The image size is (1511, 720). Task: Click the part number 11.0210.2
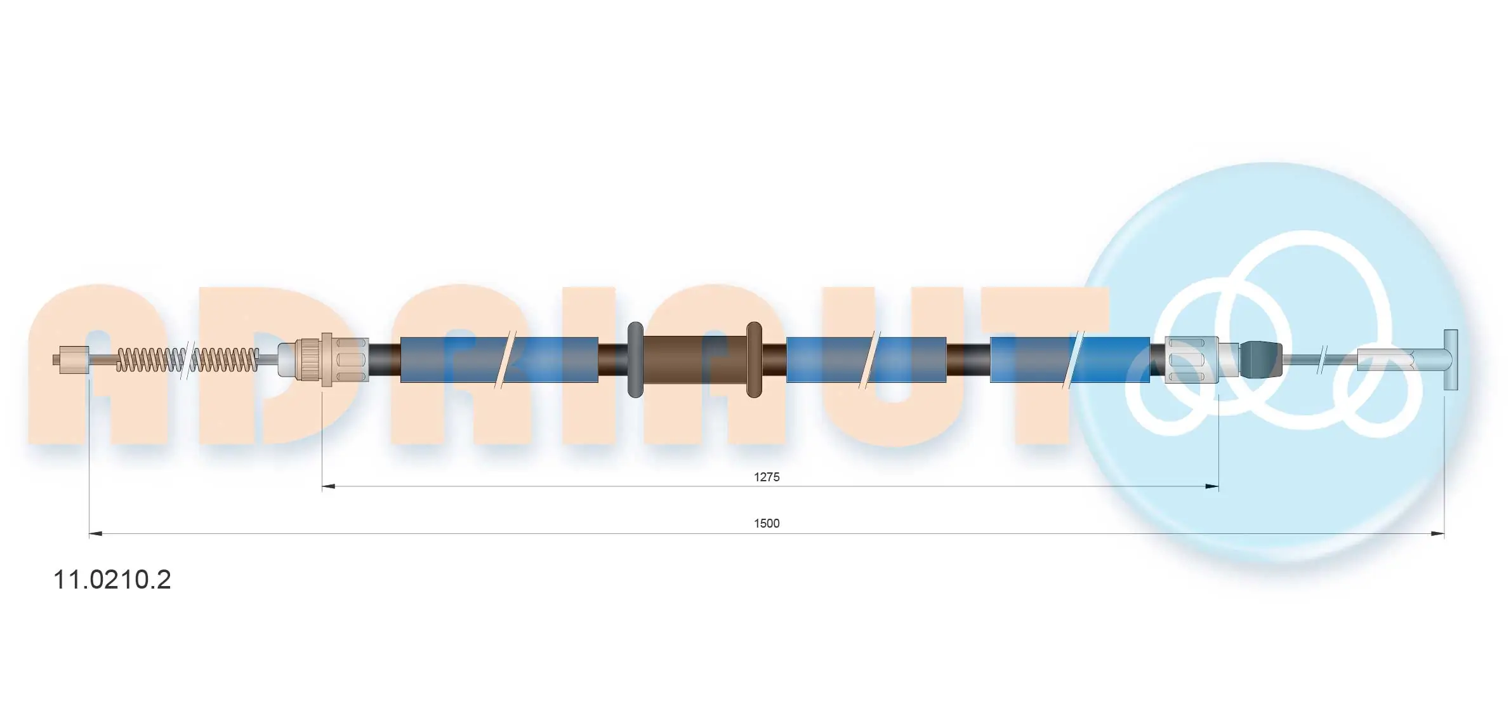click(112, 580)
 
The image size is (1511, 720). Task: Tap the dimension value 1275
click(767, 477)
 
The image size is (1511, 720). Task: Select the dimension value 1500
click(767, 523)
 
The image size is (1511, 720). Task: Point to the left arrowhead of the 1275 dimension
click(329, 487)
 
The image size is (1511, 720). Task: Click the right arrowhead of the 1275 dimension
click(1211, 487)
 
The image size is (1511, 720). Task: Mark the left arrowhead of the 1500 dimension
click(96, 534)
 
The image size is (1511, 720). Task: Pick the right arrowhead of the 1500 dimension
click(1437, 534)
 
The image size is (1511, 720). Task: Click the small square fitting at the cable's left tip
click(71, 359)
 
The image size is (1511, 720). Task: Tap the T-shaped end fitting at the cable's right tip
click(1450, 359)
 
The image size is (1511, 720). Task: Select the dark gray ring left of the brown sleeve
click(635, 359)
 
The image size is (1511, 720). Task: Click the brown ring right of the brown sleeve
click(754, 359)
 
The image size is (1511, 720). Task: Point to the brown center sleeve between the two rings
click(695, 359)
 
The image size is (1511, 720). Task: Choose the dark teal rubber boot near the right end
click(1260, 359)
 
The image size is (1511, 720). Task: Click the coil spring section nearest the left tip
click(150, 359)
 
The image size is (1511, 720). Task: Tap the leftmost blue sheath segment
click(499, 359)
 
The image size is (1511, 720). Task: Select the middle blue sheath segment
click(866, 359)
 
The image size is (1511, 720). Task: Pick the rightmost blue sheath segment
click(1070, 359)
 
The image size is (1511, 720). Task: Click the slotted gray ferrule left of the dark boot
click(1192, 359)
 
